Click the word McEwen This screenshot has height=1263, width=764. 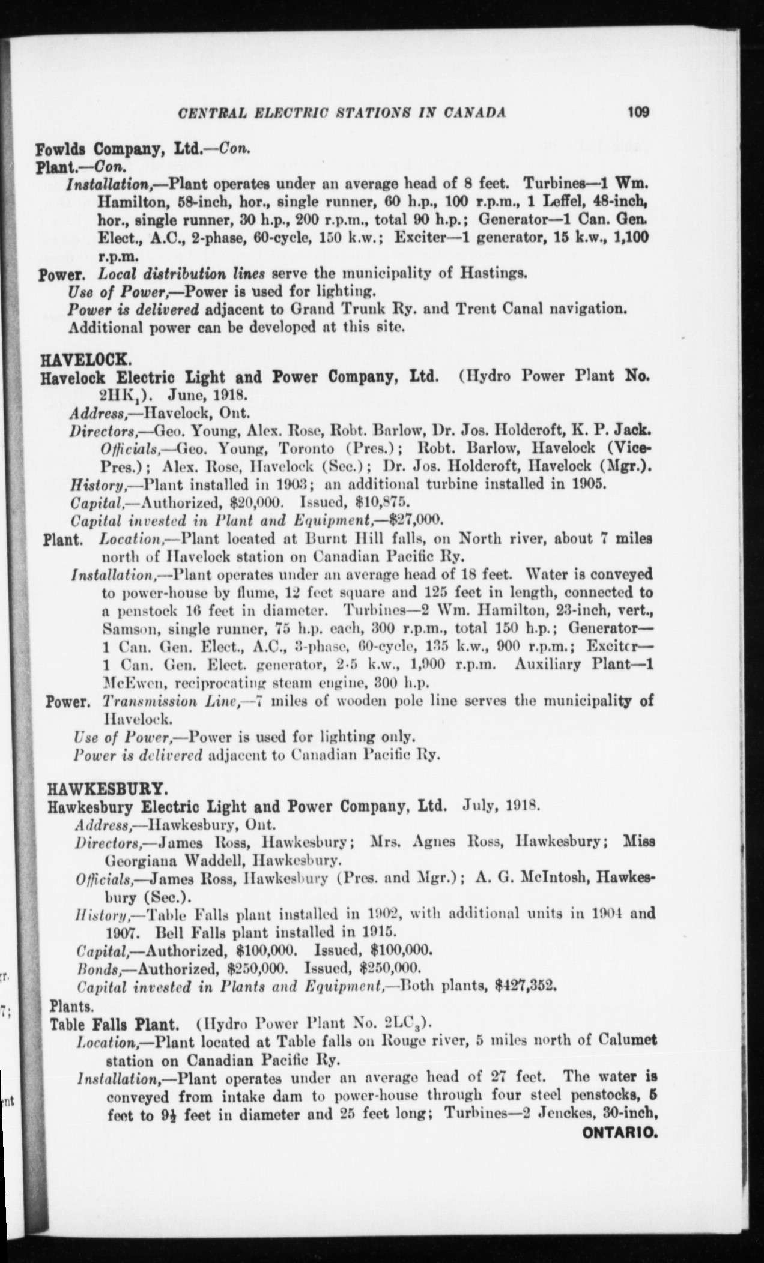(x=130, y=682)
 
